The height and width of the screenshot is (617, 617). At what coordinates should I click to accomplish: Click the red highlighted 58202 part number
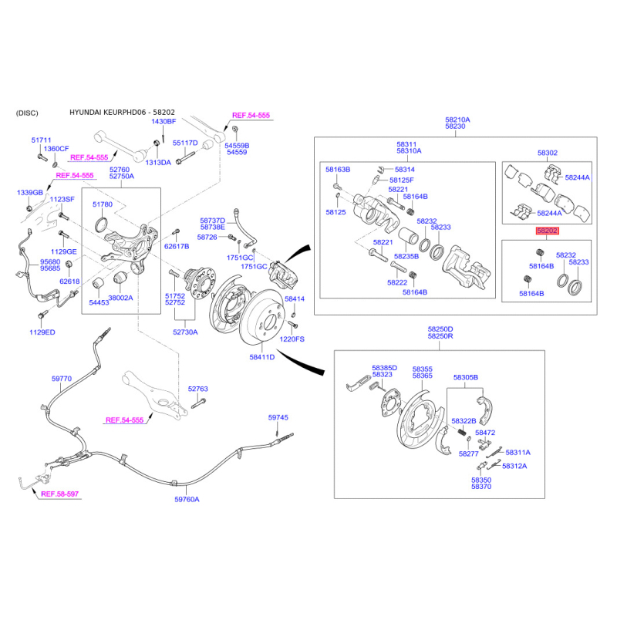tap(548, 231)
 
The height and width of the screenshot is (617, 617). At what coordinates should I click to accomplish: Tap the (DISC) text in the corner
tap(27, 113)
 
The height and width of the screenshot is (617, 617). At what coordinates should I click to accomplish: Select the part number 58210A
tap(457, 120)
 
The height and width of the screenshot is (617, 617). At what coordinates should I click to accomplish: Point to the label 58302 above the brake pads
tap(547, 153)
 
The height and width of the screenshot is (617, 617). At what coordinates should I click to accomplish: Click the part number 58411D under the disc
tap(262, 357)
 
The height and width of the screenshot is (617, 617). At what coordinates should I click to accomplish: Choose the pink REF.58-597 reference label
tap(60, 494)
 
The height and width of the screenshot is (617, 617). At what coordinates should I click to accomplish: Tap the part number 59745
tap(278, 417)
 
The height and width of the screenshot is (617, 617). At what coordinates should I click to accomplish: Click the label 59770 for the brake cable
tap(62, 379)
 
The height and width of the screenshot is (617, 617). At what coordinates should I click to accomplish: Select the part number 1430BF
tap(164, 122)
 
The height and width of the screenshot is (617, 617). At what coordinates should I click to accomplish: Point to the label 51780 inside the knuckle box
tap(103, 204)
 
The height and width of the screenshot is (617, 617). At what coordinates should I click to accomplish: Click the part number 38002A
tap(120, 297)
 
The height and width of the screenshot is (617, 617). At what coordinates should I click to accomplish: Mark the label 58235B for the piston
tap(406, 256)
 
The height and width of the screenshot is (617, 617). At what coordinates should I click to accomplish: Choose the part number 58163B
tap(338, 169)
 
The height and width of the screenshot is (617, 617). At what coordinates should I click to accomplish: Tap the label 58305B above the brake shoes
tap(466, 377)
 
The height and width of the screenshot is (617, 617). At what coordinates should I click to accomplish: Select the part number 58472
tap(485, 433)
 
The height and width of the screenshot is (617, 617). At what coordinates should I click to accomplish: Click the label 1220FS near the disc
tap(292, 339)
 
